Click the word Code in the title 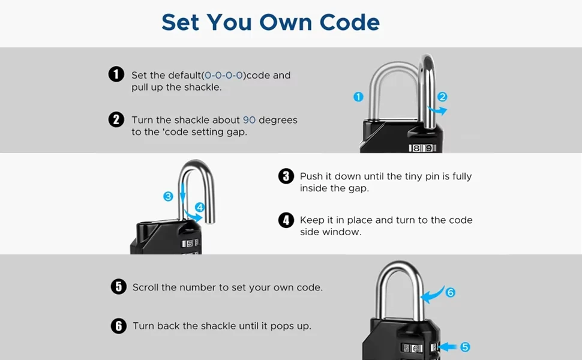tap(349, 22)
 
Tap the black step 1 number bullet tap(116, 74)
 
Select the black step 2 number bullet tap(116, 119)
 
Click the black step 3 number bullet tap(286, 176)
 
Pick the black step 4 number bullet tap(286, 220)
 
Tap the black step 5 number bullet tap(118, 287)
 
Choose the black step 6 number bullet tap(118, 326)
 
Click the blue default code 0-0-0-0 tap(223, 76)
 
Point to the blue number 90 tap(249, 120)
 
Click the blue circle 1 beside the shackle tap(358, 97)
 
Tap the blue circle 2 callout tap(442, 97)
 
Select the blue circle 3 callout tap(168, 196)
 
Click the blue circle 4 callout tap(200, 207)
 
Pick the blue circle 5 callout tap(465, 347)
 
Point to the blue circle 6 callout tap(450, 292)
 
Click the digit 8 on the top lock tap(416, 148)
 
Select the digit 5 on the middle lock tap(189, 244)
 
